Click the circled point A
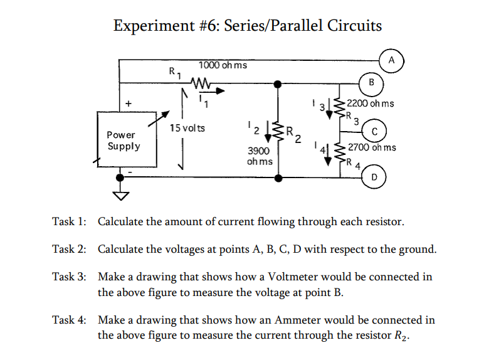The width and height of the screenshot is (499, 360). (391, 60)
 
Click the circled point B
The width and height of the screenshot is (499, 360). (371, 82)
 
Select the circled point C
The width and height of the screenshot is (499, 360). (374, 132)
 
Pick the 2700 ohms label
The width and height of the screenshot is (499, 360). (372, 148)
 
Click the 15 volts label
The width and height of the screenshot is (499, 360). (187, 128)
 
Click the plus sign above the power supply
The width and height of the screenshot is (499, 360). (129, 102)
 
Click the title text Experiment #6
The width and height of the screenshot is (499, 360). (166, 26)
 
